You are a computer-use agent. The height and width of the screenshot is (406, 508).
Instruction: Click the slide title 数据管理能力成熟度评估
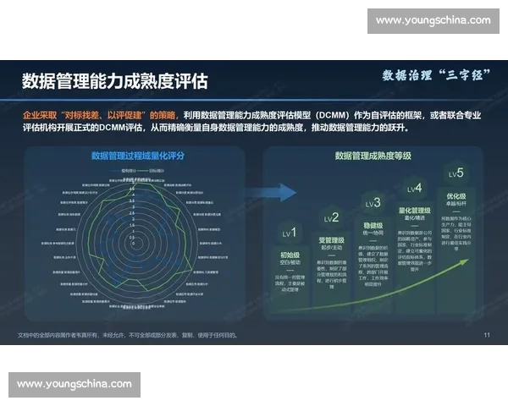114,81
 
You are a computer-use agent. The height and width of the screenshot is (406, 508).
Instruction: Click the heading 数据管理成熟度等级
373,156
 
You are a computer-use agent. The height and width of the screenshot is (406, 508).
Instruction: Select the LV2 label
331,217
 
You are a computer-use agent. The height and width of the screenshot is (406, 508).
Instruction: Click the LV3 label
373,203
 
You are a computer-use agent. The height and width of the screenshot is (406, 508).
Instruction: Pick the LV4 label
414,188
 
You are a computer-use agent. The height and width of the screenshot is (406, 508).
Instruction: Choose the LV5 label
456,173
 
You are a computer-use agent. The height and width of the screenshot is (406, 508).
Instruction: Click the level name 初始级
290,254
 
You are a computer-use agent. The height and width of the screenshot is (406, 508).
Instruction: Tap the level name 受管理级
331,240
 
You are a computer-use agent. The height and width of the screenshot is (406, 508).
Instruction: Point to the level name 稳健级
373,226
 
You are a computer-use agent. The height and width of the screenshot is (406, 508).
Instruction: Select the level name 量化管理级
414,211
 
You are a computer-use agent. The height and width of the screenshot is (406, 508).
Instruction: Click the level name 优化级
456,196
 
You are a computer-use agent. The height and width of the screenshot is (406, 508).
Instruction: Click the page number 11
487,336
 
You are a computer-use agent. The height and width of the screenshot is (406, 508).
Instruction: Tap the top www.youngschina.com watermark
433,20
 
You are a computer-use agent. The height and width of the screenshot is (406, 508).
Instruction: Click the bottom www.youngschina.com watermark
75,384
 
